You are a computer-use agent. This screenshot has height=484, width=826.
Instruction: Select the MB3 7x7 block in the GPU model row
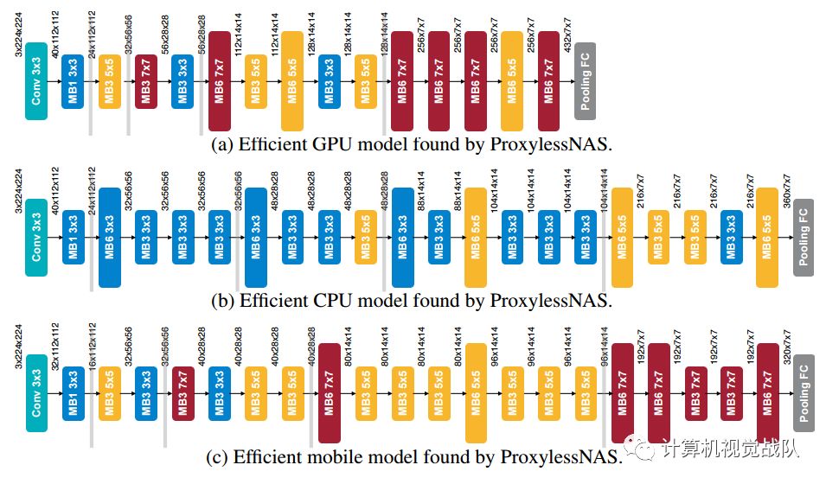[146, 80]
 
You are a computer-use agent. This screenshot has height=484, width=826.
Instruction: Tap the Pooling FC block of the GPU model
[585, 80]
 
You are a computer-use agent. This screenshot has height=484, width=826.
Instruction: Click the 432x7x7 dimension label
[567, 35]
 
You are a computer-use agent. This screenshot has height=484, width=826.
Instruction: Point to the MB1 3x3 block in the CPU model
[73, 237]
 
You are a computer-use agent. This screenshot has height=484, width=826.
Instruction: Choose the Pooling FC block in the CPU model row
[804, 237]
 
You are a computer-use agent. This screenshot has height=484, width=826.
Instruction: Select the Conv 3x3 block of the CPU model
[36, 237]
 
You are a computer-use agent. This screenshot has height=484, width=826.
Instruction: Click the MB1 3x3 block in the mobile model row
[73, 392]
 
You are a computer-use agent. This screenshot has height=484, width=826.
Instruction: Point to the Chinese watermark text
[731, 449]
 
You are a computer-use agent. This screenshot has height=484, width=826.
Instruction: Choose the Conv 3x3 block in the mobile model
[36, 392]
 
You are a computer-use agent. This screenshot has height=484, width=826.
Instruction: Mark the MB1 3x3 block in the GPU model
[73, 80]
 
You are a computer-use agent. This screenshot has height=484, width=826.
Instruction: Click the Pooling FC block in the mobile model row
[804, 392]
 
